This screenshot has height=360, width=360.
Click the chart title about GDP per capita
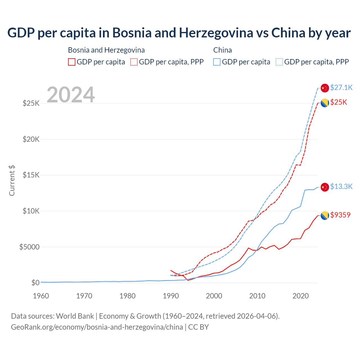179,33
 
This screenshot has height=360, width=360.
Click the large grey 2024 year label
71,95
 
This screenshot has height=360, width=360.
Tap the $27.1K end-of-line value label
341,87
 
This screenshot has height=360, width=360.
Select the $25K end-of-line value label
339,102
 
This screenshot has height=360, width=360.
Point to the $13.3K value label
341,186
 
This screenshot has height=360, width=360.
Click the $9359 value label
340,215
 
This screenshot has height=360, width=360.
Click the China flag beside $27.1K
325,88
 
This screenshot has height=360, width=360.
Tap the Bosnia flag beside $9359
325,215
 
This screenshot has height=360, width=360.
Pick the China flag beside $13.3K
325,187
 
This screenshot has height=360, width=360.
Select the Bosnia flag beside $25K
325,103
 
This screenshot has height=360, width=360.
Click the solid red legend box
72,62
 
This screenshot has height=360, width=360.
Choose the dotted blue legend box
279,62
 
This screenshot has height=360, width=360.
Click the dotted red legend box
134,62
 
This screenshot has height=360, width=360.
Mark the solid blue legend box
217,62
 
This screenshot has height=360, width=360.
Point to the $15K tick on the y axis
31,175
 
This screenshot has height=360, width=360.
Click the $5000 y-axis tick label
29,247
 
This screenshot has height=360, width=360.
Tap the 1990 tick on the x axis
171,296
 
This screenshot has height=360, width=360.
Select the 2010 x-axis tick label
257,296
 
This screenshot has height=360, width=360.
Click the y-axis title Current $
12,181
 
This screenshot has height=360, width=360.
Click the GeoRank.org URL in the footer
97,327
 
